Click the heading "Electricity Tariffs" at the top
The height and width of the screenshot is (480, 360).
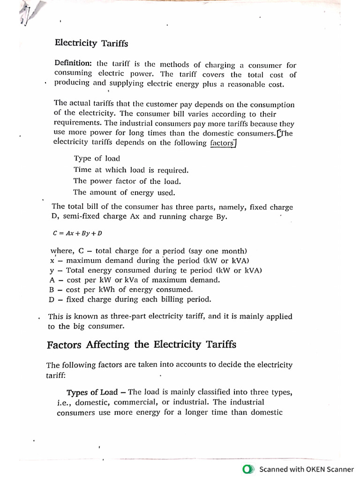coord(91,43)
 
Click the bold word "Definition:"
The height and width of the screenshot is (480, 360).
coord(74,64)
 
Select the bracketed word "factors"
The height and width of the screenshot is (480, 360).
coord(222,143)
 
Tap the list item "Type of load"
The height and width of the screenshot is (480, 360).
coord(97,158)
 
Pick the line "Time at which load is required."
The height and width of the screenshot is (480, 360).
coord(131,170)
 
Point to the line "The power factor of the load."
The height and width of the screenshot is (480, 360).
coord(127,181)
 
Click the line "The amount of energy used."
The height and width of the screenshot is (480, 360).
coord(124,192)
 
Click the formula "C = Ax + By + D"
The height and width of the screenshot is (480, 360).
coord(77,232)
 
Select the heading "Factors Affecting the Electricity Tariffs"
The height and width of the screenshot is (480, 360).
coord(141,345)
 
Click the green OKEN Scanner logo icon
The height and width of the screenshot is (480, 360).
coord(248,469)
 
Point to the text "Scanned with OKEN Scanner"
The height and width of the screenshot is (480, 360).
coord(307,469)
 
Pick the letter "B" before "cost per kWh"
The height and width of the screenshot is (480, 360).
coord(52,290)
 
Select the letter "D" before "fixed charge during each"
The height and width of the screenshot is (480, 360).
coord(52,299)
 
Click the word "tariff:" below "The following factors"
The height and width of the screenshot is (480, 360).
coord(56,375)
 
